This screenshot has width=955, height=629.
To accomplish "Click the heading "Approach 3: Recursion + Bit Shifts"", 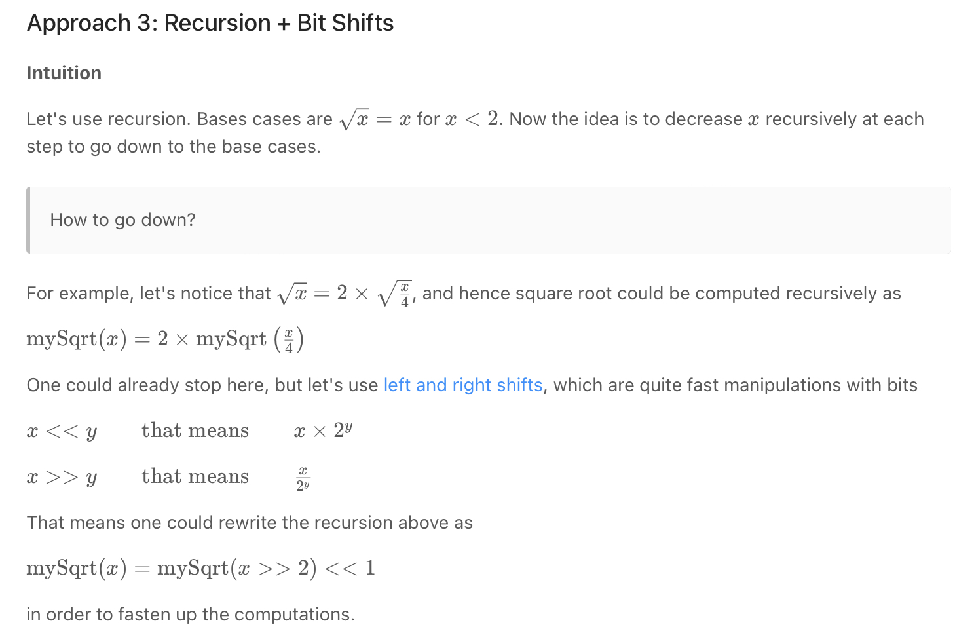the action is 210,23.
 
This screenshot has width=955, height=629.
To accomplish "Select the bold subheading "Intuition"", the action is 64,73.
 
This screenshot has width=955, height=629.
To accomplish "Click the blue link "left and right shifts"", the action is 463,385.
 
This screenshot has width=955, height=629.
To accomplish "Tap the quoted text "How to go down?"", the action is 122,219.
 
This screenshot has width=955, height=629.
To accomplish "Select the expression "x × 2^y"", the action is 323,430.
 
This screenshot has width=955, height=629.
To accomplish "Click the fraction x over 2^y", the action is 303,478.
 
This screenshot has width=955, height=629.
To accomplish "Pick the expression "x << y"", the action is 62,431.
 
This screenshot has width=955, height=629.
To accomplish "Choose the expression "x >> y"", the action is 62,477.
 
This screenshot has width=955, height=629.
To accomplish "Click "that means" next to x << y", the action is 195,430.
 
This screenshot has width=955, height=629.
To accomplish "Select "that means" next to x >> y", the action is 195,476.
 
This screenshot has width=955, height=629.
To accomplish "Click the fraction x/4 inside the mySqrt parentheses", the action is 289,340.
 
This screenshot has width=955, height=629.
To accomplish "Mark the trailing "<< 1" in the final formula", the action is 350,568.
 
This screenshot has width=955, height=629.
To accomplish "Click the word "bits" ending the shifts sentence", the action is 902,385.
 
